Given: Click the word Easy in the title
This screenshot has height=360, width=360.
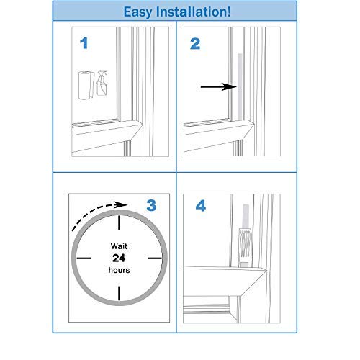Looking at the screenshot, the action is point(138,12).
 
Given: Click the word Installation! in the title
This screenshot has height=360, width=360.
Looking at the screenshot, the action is point(194,12).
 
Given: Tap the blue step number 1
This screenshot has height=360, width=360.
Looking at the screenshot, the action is point(84,43).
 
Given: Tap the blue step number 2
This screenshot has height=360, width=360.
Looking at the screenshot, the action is point(195,44).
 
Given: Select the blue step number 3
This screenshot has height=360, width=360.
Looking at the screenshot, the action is point(151,206).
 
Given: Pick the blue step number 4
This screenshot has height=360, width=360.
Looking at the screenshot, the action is point(201,206).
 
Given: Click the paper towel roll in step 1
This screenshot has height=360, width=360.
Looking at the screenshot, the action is point(86,85).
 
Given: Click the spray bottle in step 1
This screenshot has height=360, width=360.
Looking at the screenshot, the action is point(102,83).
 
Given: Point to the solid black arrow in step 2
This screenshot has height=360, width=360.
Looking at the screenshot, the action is point(219,87).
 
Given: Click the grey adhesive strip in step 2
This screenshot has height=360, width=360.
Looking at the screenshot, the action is point(240,87).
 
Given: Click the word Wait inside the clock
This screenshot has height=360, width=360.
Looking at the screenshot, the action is point(119,246).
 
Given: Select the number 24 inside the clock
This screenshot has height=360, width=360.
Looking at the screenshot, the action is point(119,258).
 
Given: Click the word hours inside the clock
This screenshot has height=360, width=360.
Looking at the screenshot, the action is point(119,270).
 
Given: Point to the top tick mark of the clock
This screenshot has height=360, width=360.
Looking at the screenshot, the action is point(119,222).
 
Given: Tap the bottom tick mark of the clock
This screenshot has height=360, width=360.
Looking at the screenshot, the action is point(119,293).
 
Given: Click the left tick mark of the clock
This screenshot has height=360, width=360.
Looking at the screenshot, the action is point(84,258).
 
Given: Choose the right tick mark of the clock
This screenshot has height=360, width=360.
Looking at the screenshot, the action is point(155,258).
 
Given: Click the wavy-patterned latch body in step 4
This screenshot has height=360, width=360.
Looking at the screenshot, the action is point(245,246).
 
